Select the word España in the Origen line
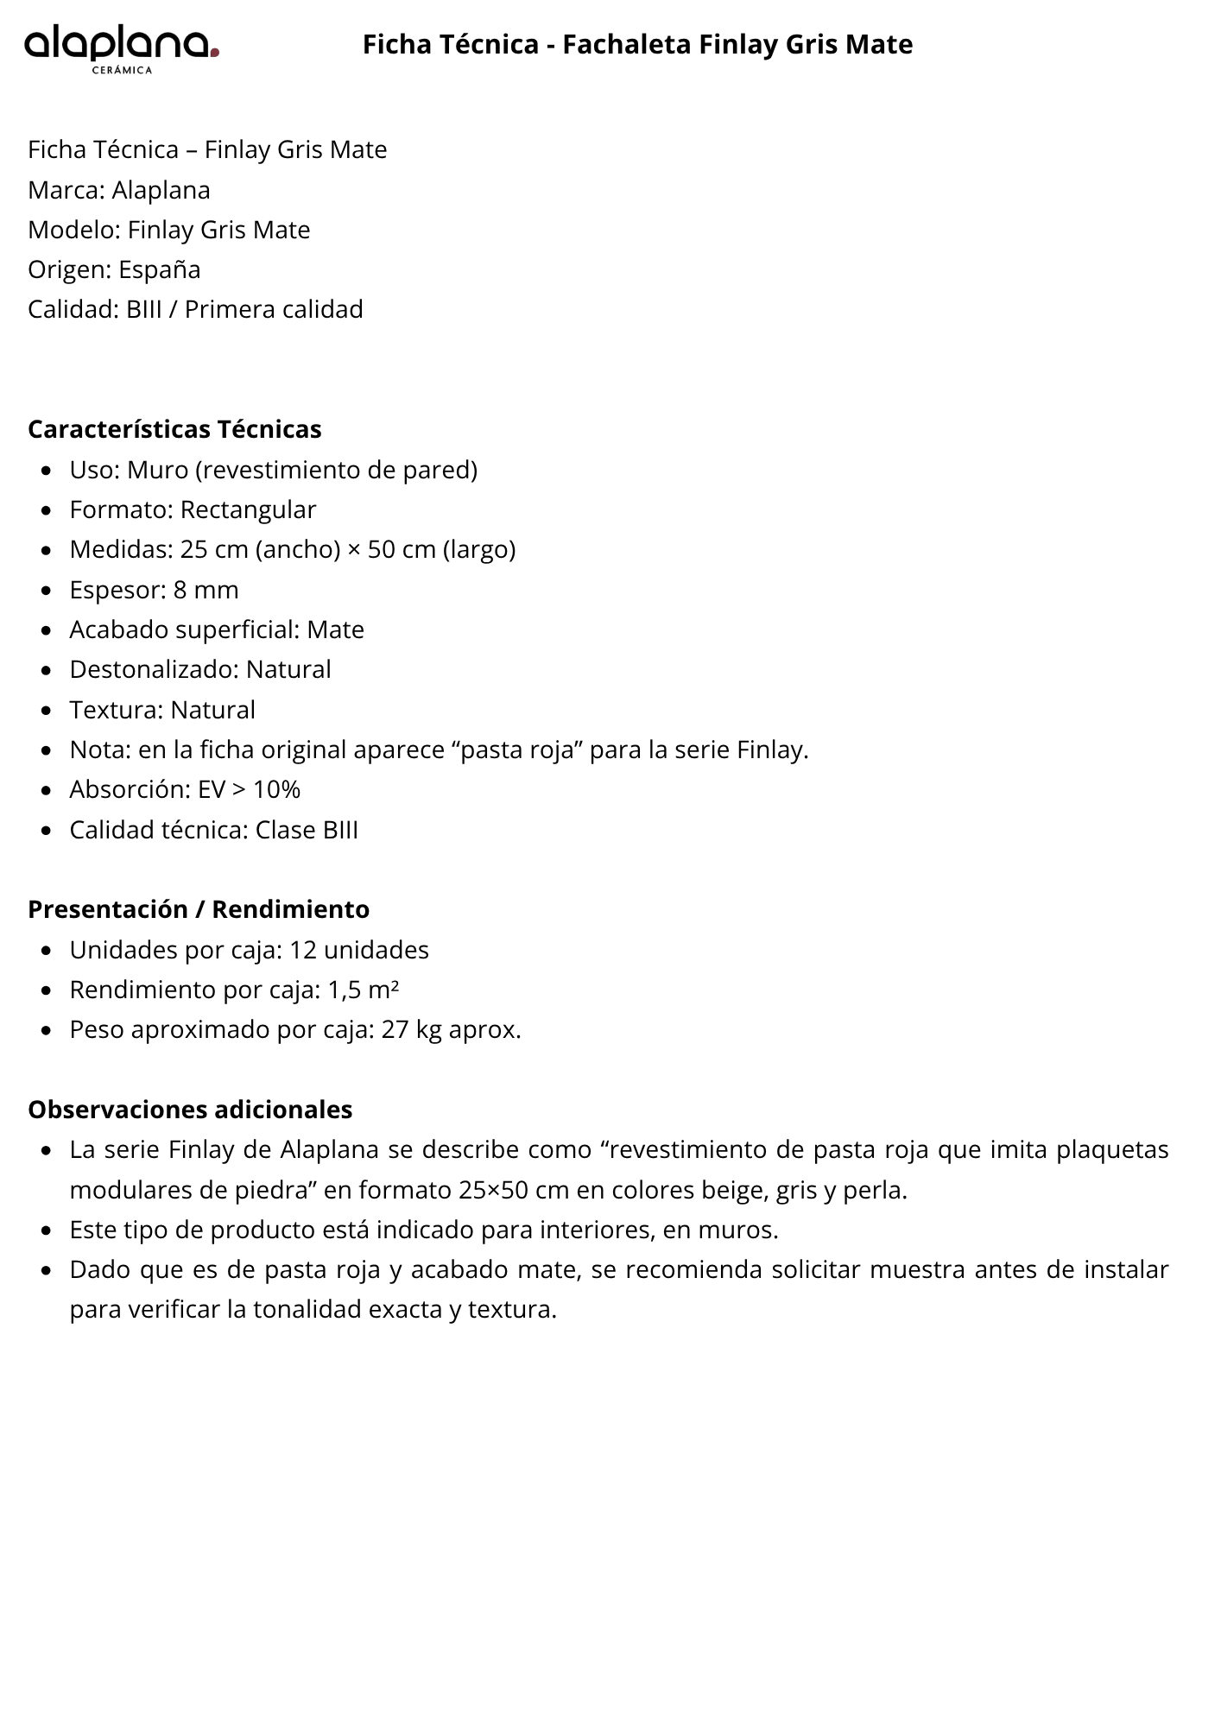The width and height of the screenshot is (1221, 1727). coord(160,269)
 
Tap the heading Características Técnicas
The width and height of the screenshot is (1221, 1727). coord(174,429)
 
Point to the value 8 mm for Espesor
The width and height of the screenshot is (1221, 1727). coord(206,590)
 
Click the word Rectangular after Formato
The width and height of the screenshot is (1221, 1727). coord(248,509)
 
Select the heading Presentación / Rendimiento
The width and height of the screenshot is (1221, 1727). coord(199,909)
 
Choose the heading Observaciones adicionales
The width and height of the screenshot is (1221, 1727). coord(190,1109)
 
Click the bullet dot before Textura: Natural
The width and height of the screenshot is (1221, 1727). coord(47,711)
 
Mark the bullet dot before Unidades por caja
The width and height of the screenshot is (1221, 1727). coord(47,951)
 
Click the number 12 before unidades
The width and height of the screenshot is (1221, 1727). coord(303,950)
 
